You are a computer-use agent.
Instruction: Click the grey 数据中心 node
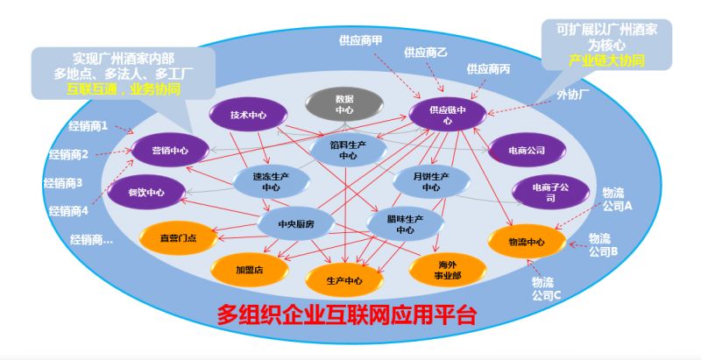click(343, 104)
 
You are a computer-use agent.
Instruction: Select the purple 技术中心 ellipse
click(248, 115)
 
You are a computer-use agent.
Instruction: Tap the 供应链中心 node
click(448, 115)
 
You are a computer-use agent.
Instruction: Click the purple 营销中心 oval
click(170, 150)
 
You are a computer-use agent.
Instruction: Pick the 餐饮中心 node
click(146, 193)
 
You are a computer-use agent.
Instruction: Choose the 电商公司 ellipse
click(528, 150)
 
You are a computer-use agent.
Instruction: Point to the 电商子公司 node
click(551, 193)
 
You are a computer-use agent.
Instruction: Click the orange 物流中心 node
click(528, 242)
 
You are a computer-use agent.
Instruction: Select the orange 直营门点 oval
click(179, 237)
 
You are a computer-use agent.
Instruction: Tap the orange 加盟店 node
click(250, 269)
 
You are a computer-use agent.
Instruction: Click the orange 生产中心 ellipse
click(344, 280)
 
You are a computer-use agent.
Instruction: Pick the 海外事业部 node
click(448, 269)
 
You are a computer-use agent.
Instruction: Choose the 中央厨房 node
click(296, 223)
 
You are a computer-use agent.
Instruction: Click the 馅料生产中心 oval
click(348, 150)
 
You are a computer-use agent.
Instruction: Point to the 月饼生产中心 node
click(431, 182)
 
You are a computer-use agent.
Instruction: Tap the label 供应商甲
click(360, 40)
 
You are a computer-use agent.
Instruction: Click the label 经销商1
click(89, 126)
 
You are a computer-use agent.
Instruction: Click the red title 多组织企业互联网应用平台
click(346, 314)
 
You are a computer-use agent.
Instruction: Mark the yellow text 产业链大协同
click(606, 60)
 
